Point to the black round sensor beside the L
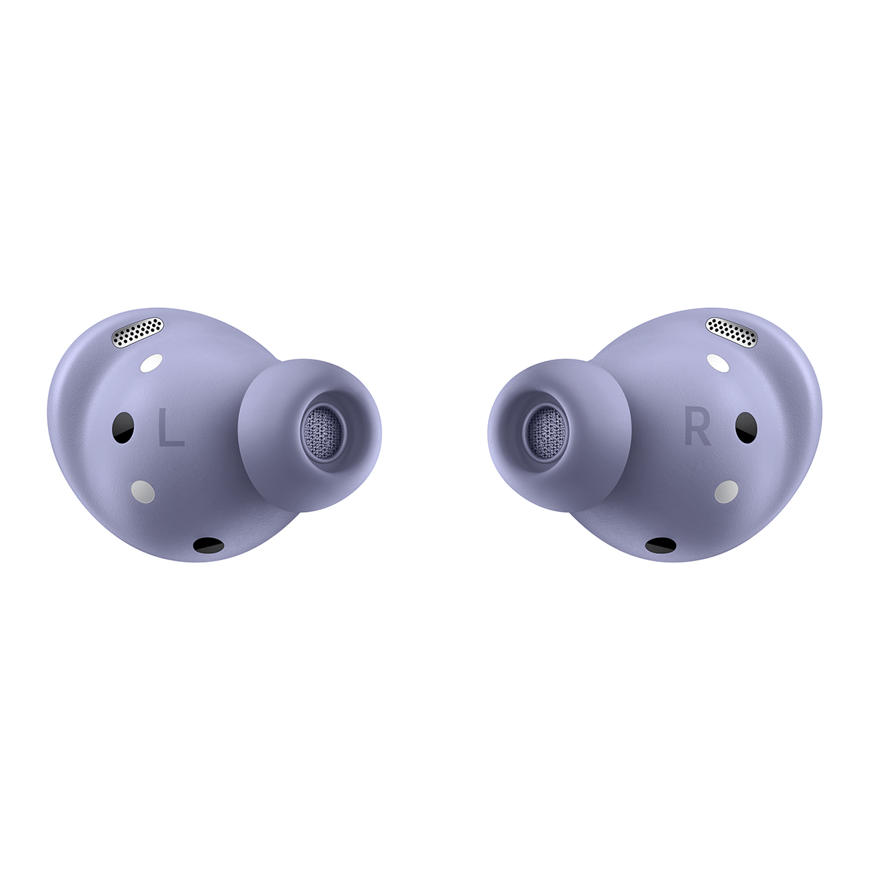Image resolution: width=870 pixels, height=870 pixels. pyautogui.click(x=122, y=428)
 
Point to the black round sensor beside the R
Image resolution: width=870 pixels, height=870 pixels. pyautogui.click(x=747, y=427)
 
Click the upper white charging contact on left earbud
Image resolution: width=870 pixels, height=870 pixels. pyautogui.click(x=152, y=363)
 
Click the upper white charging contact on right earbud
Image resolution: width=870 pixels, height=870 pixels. pyautogui.click(x=718, y=363)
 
